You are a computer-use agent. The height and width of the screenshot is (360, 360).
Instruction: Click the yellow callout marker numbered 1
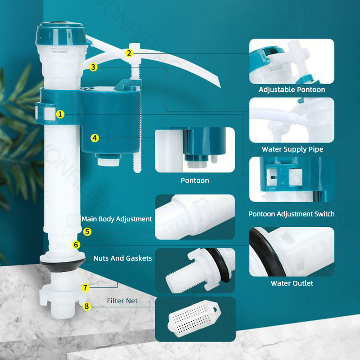coord(60,114)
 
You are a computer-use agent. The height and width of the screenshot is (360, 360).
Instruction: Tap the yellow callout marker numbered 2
coord(129,53)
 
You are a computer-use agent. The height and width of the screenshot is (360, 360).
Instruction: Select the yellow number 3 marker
coord(93,67)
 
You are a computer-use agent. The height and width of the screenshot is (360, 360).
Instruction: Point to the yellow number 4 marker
coord(94,138)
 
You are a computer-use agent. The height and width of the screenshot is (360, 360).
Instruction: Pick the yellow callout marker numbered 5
coord(87,231)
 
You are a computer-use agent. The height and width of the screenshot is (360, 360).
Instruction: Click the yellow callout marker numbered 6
coord(76,245)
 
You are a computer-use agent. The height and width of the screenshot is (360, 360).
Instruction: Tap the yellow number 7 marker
coord(85,287)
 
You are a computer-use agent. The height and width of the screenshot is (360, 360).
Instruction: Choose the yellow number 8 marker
coord(87,306)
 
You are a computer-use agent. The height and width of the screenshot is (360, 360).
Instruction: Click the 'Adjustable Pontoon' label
coord(292,90)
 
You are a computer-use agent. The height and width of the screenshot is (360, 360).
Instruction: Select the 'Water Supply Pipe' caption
coord(292,149)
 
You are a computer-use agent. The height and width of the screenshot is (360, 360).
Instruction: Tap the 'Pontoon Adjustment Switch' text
coord(292,214)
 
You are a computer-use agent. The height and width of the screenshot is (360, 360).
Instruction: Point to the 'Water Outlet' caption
coord(292,283)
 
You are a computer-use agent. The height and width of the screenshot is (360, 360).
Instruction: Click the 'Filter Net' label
coord(122,301)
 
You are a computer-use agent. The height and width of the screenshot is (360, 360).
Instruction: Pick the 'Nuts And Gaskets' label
coord(122,258)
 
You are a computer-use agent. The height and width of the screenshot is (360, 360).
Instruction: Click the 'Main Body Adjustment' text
coord(117,219)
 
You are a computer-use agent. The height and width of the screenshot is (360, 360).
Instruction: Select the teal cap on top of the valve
coord(63,34)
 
